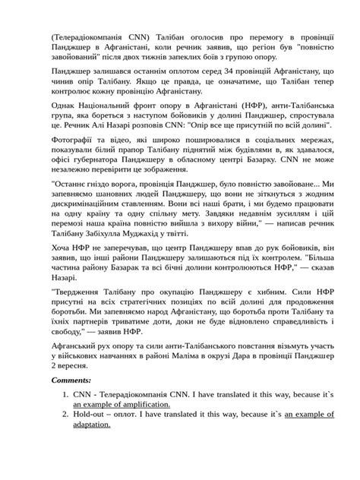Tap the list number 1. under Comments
66,395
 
